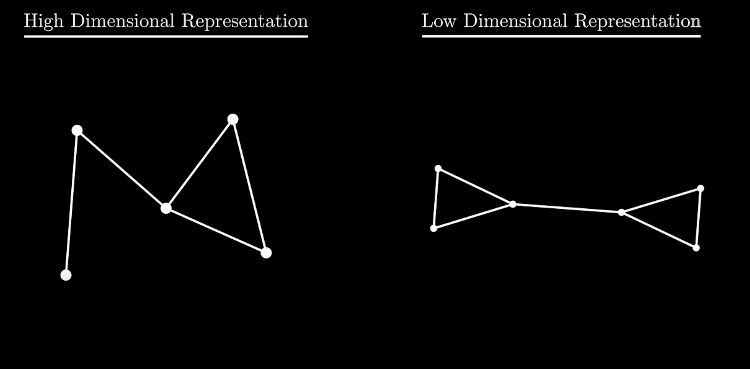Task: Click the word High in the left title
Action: tap(43, 22)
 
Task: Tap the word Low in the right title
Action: tap(438, 22)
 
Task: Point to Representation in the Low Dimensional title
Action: tap(637, 22)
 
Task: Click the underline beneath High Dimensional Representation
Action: tap(166, 36)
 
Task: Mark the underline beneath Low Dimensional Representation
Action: tap(561, 36)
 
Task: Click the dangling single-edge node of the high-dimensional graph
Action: tap(66, 275)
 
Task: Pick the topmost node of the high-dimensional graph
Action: tap(233, 119)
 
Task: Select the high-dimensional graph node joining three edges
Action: tap(166, 208)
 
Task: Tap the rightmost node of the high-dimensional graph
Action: tap(266, 253)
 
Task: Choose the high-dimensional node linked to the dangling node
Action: tap(77, 130)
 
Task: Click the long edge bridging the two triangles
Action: tap(567, 208)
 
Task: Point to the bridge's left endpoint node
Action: tap(513, 204)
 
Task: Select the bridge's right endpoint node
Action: tap(621, 212)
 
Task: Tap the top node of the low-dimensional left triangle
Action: tap(438, 169)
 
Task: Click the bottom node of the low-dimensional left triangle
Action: tap(434, 228)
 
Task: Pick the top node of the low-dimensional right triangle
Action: tap(701, 189)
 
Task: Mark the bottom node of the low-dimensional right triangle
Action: tap(696, 248)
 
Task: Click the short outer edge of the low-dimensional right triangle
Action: tap(698, 218)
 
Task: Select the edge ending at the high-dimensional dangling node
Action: tap(72, 202)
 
